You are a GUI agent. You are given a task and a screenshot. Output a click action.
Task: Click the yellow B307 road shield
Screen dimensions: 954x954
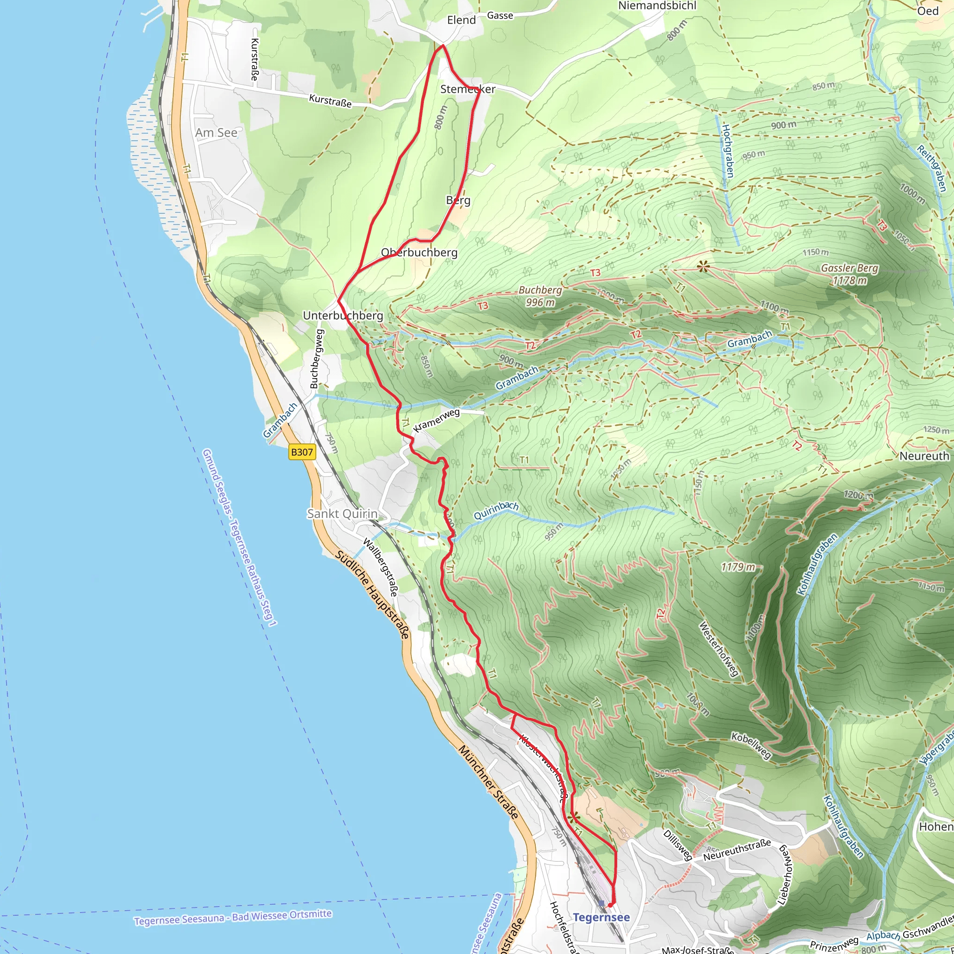pos(302,452)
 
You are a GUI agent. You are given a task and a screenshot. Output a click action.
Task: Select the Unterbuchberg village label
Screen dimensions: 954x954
pos(343,315)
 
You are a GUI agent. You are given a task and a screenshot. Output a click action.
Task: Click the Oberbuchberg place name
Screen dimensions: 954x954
pos(419,252)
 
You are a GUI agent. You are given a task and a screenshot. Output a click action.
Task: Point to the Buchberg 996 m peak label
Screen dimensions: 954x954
pos(540,296)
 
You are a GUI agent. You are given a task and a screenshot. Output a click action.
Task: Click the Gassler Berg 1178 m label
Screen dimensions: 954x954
pos(849,274)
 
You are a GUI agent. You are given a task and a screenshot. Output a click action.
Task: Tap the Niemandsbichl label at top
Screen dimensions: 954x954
pos(657,6)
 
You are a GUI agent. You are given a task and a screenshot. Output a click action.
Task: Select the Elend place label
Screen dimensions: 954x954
pos(461,20)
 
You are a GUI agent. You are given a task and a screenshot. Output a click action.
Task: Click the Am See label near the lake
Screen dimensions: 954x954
pos(216,133)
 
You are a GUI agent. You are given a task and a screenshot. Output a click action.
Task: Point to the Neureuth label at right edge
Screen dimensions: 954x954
pos(924,456)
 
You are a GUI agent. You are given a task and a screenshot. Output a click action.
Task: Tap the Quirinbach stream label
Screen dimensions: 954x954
pos(496,511)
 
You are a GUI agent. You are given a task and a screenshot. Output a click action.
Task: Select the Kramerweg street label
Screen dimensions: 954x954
pos(436,420)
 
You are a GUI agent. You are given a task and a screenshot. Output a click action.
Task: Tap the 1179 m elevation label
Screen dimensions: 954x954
pos(738,567)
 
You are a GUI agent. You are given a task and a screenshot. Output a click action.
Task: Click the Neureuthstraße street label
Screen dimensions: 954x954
pos(737,850)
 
